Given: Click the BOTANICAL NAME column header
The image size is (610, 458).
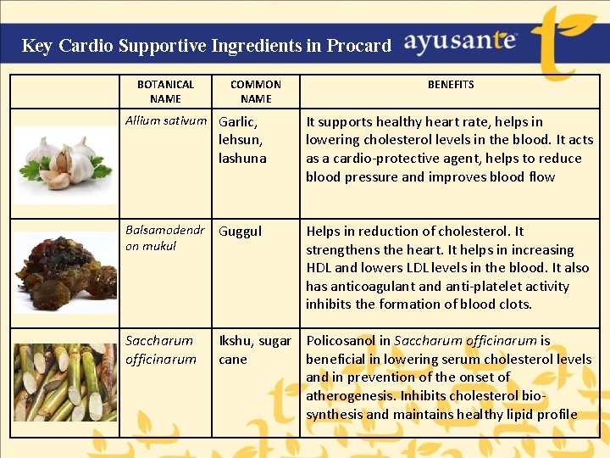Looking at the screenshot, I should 165,92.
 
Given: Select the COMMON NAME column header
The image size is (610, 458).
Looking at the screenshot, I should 255,92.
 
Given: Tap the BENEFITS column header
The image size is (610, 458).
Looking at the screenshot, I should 450,85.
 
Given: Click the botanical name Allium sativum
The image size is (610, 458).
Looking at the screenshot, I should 166,121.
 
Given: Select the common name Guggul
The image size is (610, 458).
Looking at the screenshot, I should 241,232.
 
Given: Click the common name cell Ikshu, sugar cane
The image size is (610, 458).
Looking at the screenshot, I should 254,349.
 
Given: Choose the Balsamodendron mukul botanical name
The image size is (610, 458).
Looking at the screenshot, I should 164,238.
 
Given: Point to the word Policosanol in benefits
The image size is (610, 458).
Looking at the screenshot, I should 342,341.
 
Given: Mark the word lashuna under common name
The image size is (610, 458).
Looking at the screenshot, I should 241,159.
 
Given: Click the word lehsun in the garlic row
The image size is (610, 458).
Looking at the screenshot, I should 240,140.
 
